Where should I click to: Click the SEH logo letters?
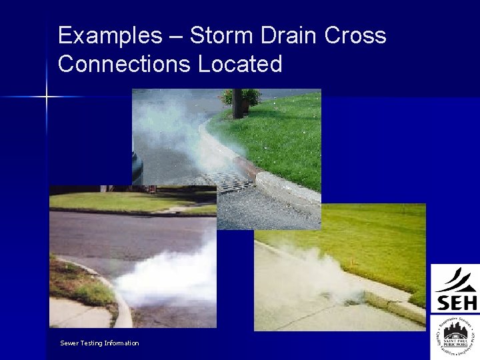(456, 302)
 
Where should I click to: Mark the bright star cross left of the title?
(47, 97)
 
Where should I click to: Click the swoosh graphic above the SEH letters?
(455, 280)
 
